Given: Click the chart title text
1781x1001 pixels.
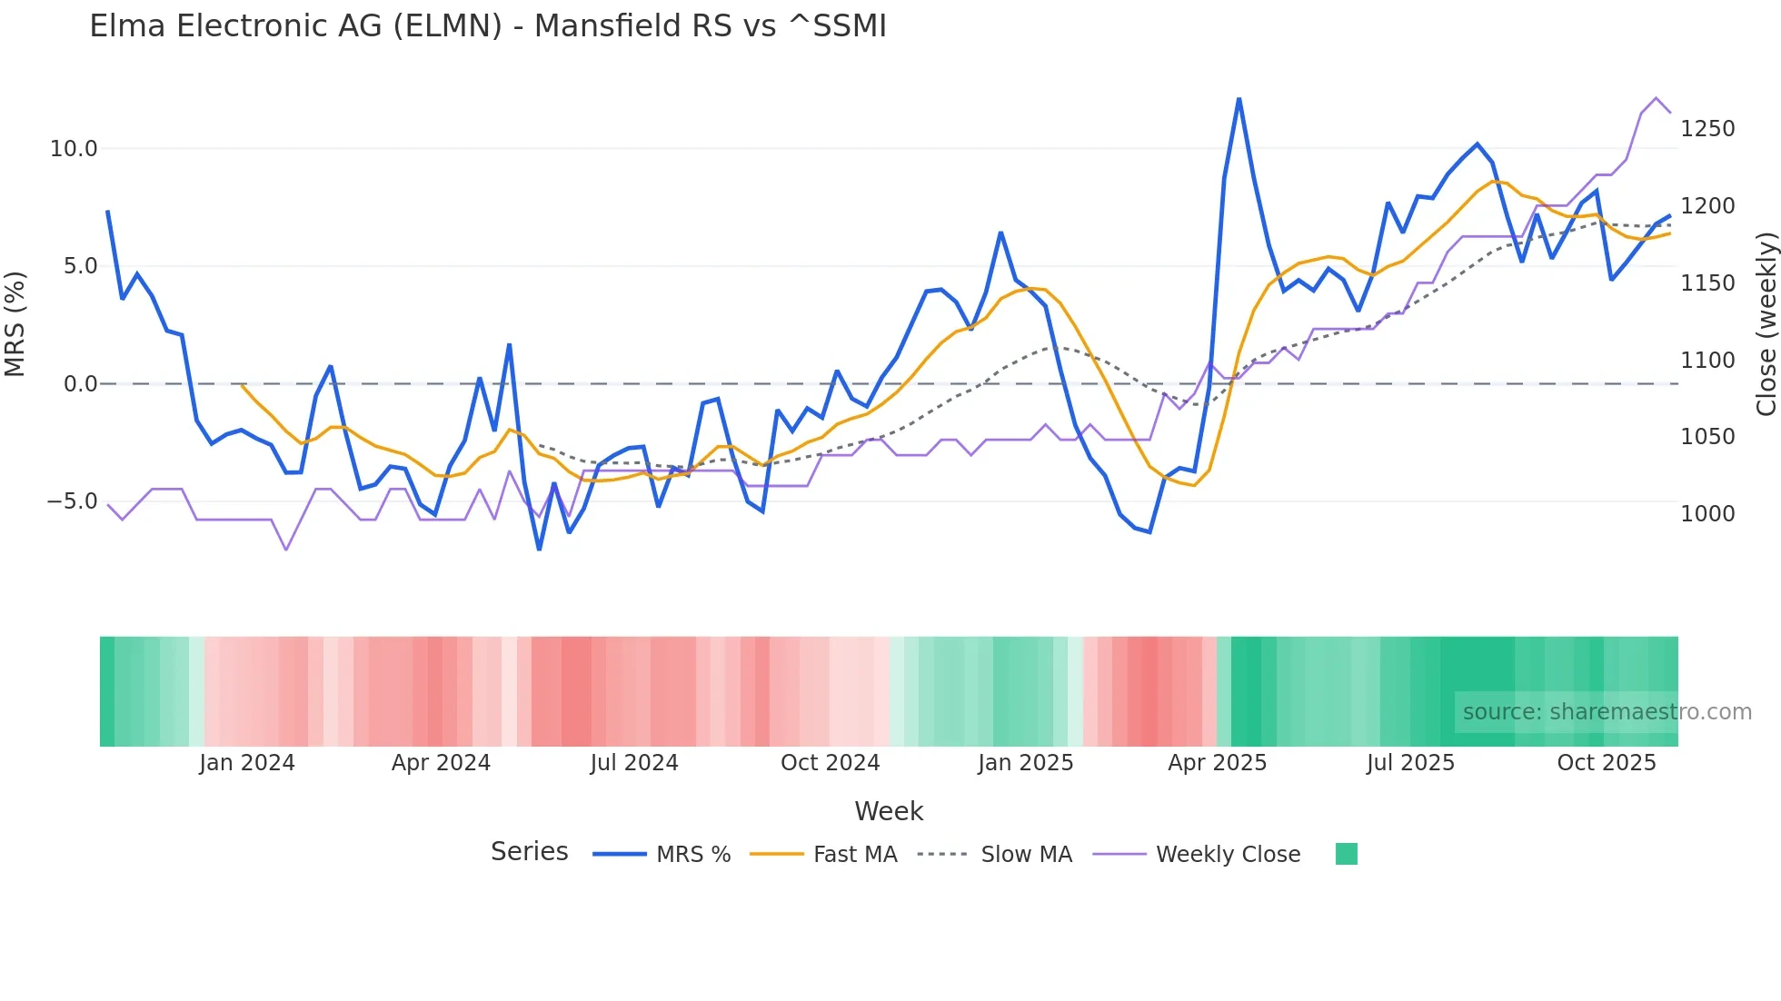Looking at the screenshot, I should click(488, 26).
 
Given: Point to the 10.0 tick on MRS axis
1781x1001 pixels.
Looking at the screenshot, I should click(74, 149).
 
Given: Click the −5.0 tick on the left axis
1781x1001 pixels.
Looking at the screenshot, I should click(72, 501).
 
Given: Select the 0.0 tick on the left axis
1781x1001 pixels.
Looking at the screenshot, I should click(80, 384).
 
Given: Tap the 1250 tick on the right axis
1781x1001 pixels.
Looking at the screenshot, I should click(1707, 129).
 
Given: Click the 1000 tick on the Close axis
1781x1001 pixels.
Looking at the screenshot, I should click(1707, 514).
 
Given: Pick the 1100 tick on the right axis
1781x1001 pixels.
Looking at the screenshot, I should click(1707, 361).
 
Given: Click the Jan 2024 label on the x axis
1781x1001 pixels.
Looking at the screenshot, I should click(247, 763).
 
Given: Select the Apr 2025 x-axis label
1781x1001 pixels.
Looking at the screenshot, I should click(1217, 763).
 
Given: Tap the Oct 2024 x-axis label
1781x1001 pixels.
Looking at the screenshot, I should click(830, 763).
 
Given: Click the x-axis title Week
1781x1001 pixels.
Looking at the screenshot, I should click(889, 812).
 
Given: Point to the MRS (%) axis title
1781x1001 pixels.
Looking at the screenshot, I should click(15, 324).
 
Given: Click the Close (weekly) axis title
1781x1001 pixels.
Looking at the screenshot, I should click(1766, 324).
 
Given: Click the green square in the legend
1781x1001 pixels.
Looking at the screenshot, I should click(1346, 854).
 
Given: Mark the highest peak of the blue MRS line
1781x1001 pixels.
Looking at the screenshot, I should click(1239, 99).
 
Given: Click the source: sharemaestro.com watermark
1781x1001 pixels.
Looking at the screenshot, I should click(1607, 712).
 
